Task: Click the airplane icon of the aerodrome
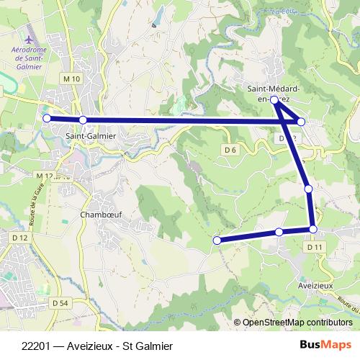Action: (x=29, y=37)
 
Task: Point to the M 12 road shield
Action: (x=44, y=175)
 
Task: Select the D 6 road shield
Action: (x=230, y=149)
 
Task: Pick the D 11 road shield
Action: (x=313, y=247)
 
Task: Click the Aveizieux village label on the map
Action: (x=315, y=285)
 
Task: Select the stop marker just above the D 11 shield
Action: (x=313, y=229)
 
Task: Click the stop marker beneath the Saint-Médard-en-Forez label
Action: (x=274, y=101)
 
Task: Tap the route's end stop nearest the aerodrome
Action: (x=47, y=118)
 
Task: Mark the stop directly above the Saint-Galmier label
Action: (x=83, y=120)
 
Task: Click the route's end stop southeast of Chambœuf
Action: (x=216, y=240)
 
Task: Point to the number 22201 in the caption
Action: (x=36, y=346)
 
